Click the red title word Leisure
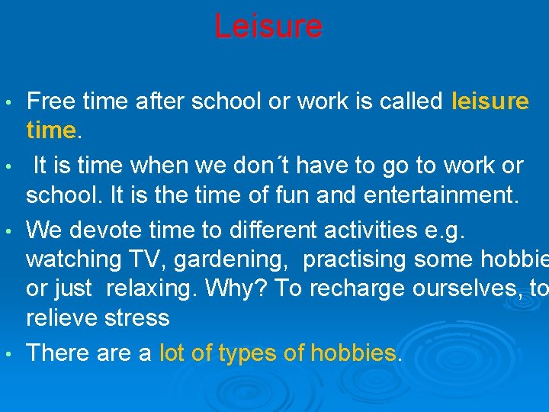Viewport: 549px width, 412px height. (x=268, y=27)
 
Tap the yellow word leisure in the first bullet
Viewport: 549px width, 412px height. (x=490, y=101)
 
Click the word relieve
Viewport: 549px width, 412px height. (x=59, y=317)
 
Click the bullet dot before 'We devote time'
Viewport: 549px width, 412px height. (x=7, y=229)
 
